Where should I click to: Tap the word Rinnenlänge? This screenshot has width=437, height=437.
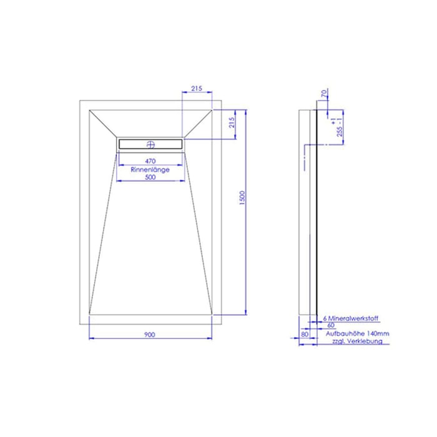point(150,169)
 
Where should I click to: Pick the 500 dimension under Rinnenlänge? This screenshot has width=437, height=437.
point(150,177)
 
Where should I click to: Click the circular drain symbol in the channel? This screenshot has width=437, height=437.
point(150,144)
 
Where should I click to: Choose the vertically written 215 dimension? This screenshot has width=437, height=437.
point(232,123)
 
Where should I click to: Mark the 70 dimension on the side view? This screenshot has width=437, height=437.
point(323,96)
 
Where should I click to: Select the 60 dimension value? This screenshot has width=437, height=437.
point(330,325)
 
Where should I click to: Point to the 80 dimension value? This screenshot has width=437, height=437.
point(304,334)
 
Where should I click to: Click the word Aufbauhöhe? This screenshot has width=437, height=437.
point(343,334)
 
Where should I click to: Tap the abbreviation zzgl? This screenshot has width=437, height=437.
point(334,342)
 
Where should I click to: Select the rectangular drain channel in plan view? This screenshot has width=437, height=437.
point(150,144)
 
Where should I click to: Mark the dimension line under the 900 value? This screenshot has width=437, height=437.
point(150,339)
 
